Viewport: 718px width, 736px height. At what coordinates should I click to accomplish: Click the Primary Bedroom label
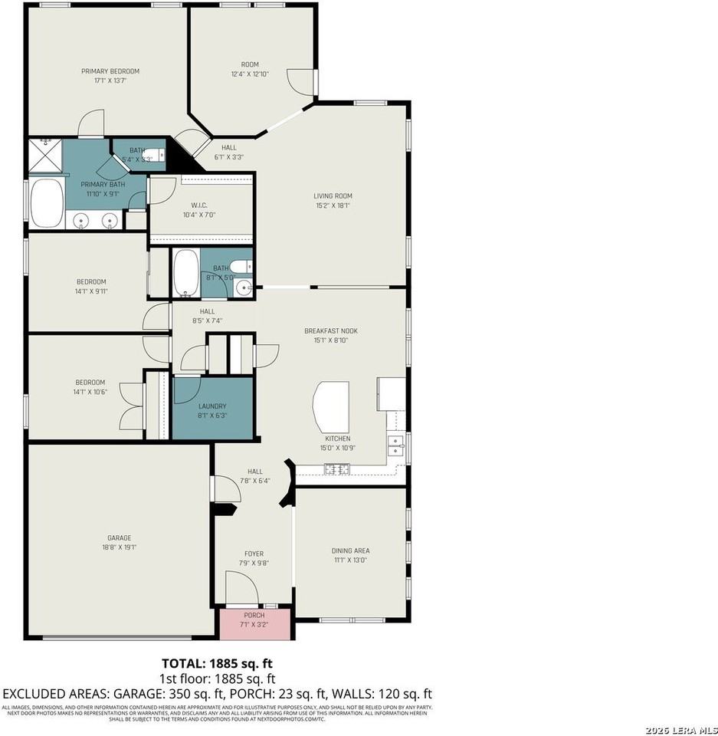[x=110, y=71]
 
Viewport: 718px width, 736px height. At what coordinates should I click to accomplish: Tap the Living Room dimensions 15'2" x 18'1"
[x=333, y=205]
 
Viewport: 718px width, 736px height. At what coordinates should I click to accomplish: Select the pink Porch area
[x=254, y=624]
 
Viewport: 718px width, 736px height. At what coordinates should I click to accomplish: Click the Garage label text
[x=119, y=537]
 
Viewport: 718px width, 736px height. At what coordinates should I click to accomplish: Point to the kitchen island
[x=331, y=406]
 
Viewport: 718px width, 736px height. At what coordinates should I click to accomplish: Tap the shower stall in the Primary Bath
[x=45, y=155]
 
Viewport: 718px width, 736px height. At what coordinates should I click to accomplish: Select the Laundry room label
[x=211, y=406]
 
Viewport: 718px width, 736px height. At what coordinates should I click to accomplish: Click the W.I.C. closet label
[x=199, y=205]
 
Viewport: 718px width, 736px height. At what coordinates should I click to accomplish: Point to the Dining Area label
[x=350, y=550]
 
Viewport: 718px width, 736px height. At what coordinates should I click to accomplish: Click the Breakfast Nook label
[x=331, y=331]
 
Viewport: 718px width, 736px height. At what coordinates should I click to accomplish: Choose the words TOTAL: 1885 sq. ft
[x=217, y=663]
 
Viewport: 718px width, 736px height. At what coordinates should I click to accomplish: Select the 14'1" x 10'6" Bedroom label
[x=90, y=383]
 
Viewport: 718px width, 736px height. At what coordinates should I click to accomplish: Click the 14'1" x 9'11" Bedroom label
[x=90, y=281]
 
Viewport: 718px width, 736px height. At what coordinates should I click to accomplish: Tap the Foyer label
[x=253, y=552]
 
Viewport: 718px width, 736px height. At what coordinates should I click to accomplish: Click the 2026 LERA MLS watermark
[x=679, y=728]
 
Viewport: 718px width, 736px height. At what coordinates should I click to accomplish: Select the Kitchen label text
[x=337, y=439]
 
